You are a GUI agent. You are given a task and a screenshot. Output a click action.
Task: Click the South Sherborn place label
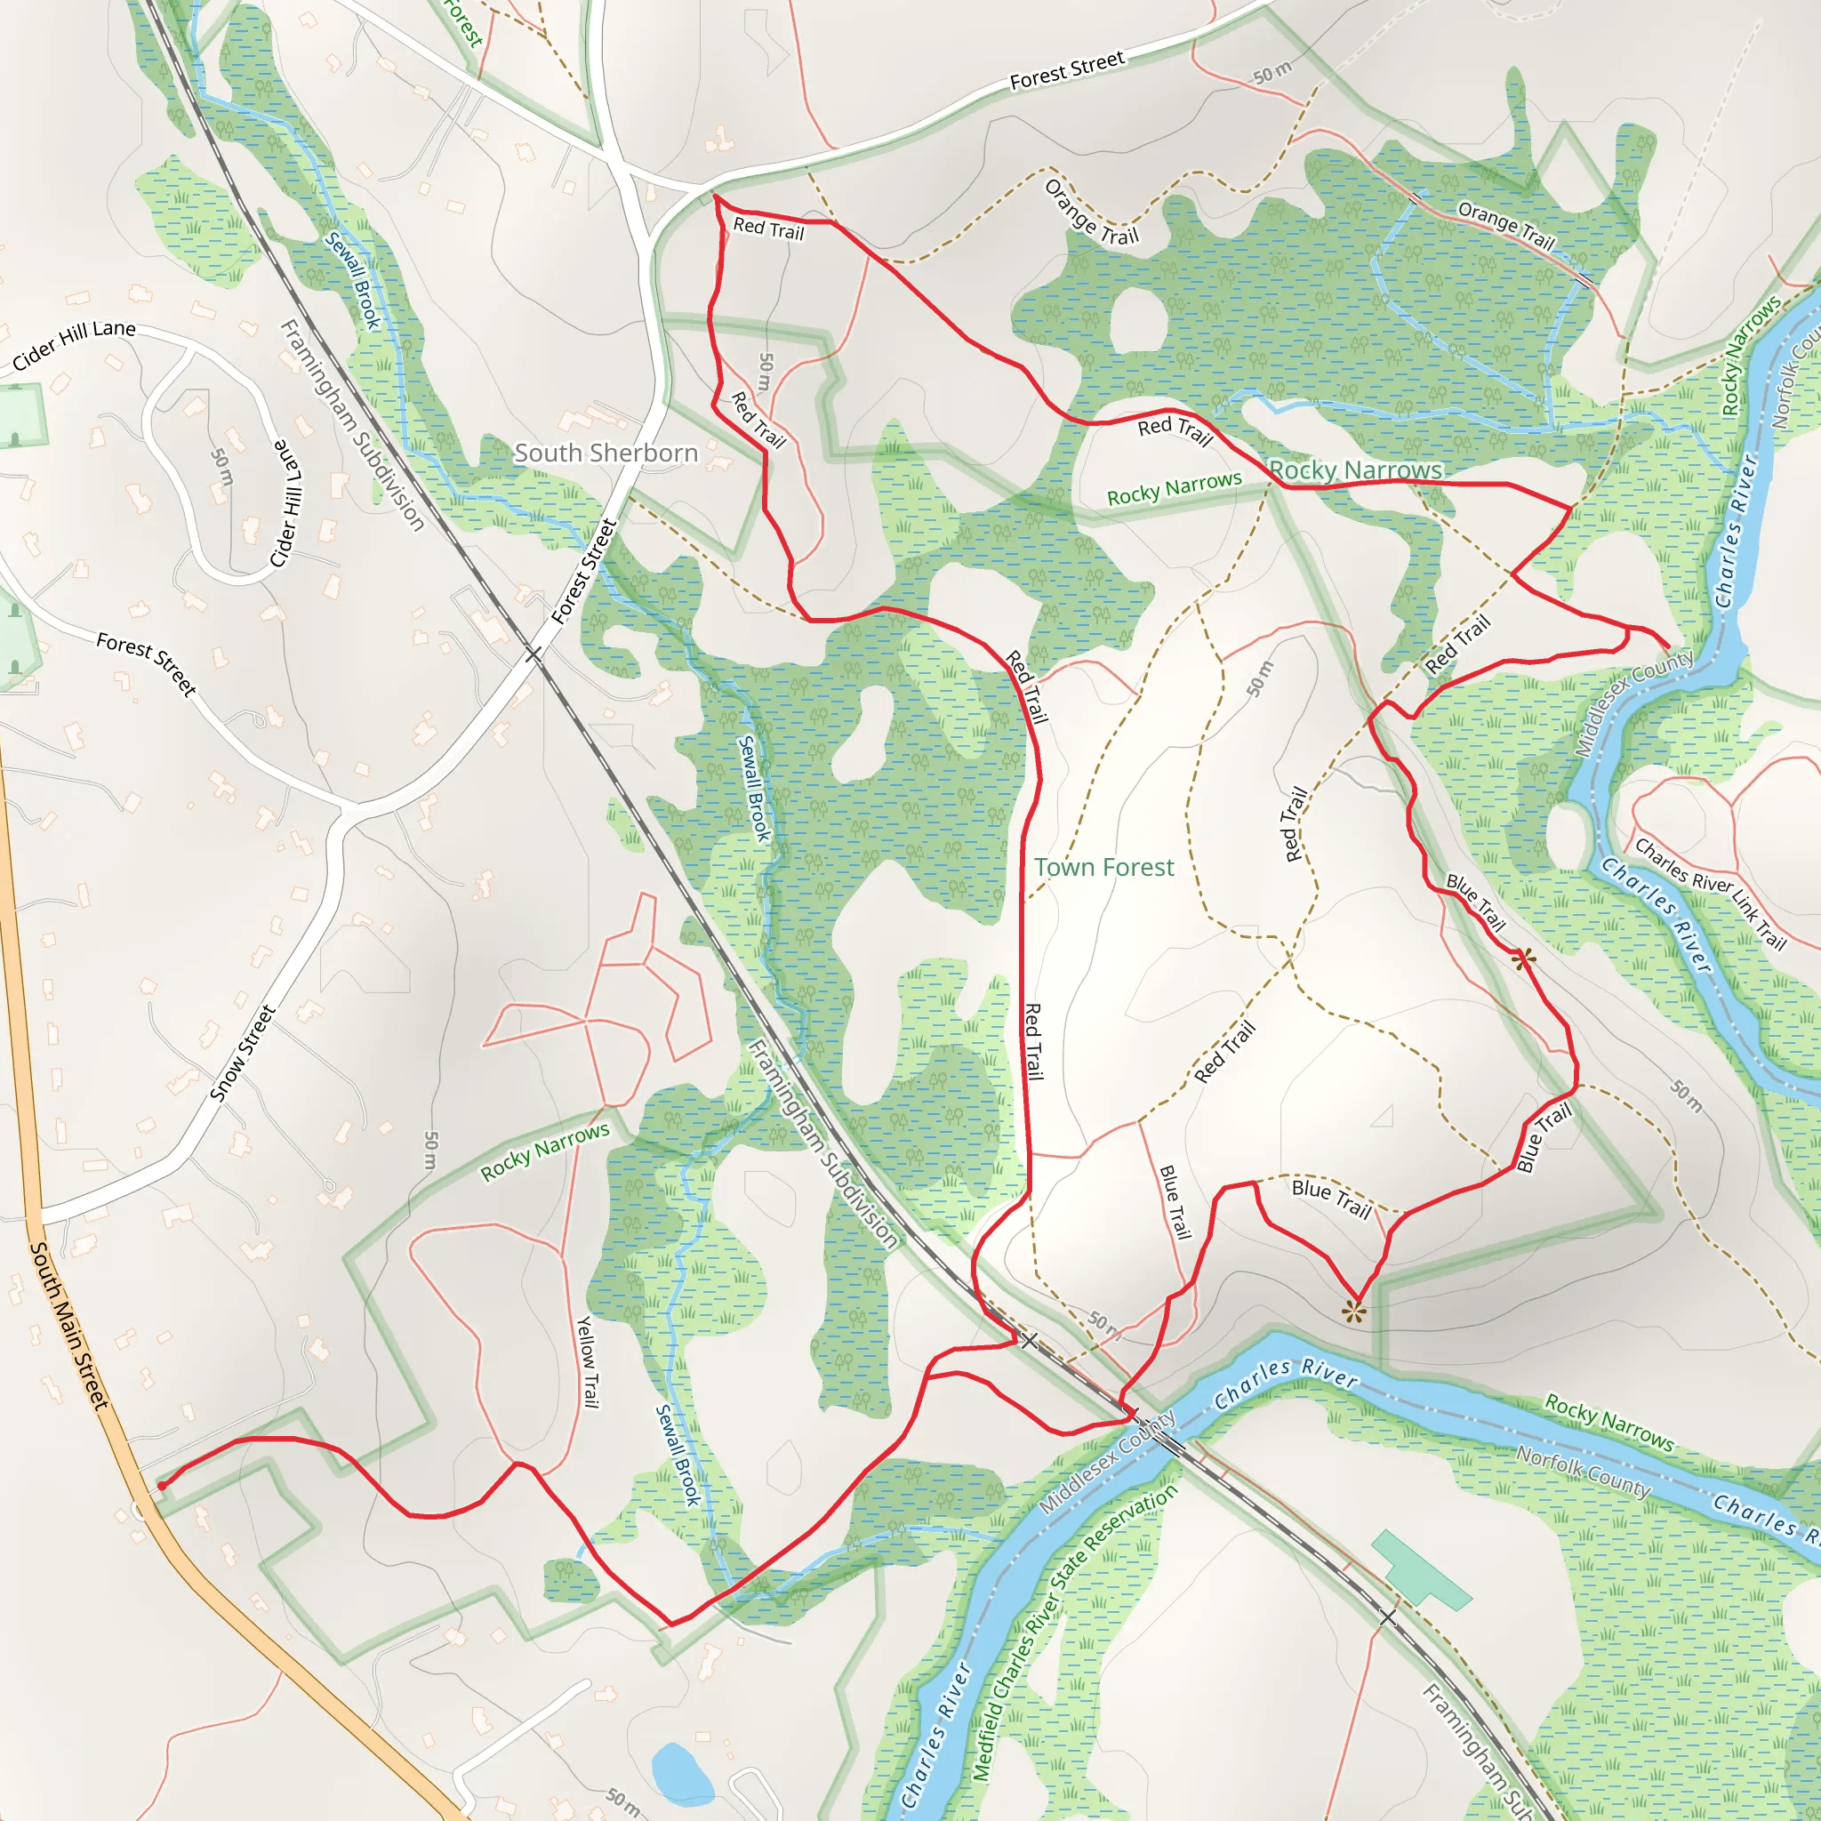coord(606,453)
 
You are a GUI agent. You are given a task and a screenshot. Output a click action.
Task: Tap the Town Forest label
coord(1103,867)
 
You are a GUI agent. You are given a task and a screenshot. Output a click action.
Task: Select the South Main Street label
coord(68,1325)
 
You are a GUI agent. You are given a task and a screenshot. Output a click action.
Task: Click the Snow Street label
coord(242,1053)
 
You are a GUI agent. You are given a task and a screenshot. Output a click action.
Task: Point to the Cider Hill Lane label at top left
coord(75,344)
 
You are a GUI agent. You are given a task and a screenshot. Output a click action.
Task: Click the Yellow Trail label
coord(587,1362)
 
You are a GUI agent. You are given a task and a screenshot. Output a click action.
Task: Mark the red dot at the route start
coord(161,1487)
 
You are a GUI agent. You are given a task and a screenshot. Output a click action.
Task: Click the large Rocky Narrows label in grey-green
coord(1355,469)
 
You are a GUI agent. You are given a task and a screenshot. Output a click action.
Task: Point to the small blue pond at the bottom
coord(681,1773)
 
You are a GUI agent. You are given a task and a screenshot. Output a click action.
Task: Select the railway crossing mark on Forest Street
coord(533,654)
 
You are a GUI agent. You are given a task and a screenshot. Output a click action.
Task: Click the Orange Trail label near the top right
coord(1505,224)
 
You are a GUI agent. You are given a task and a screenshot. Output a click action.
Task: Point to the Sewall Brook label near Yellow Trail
coord(678,1456)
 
